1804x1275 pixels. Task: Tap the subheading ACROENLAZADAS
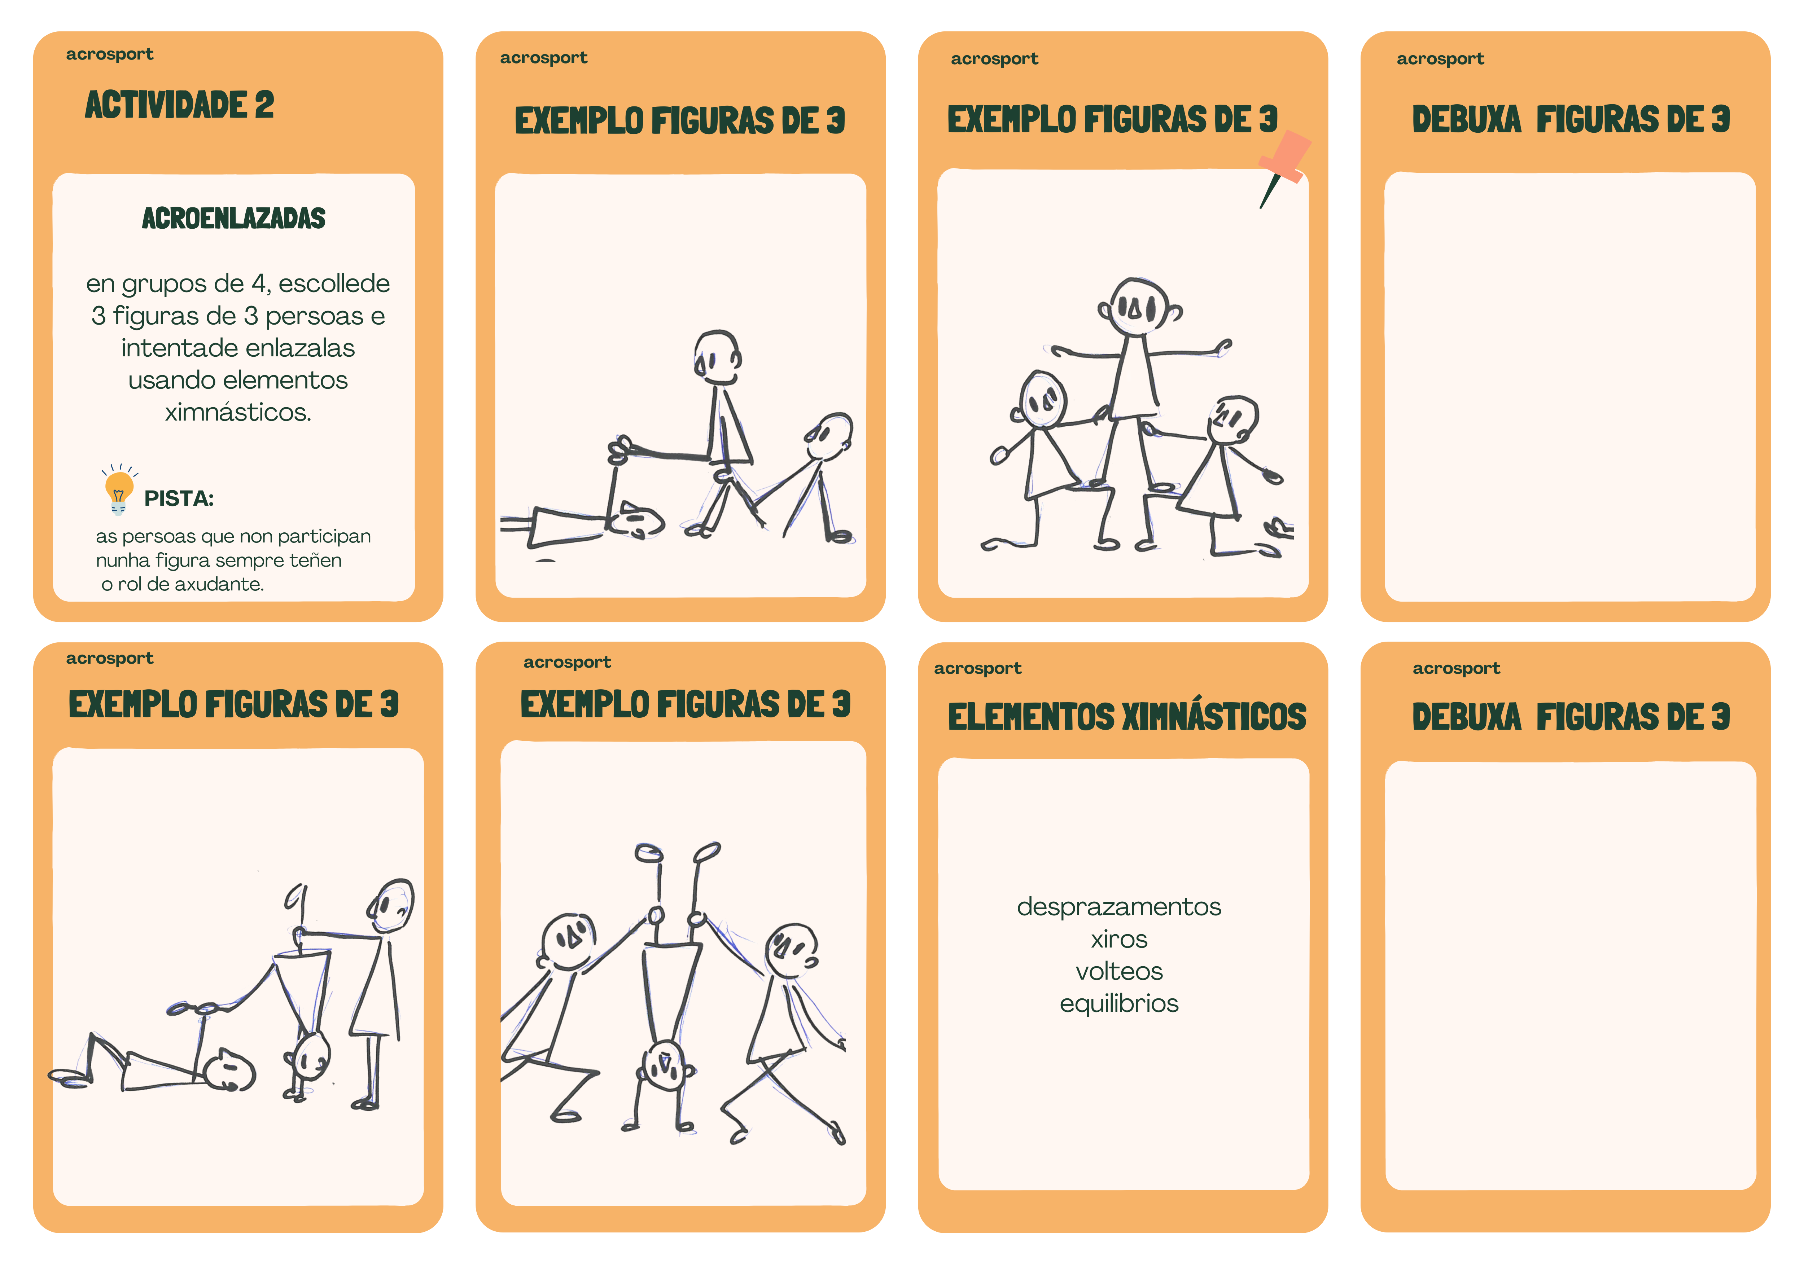[233, 217]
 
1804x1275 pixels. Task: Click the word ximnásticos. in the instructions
[238, 412]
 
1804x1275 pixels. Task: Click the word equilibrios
[1119, 1003]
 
